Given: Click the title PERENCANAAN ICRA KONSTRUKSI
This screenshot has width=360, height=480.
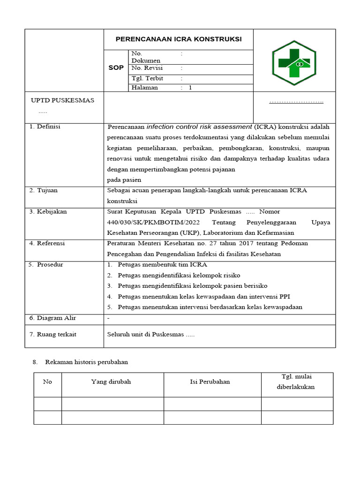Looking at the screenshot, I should point(179,39).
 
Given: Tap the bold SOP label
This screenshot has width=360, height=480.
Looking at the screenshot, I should point(116,67).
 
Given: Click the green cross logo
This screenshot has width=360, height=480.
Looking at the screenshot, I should point(294,63).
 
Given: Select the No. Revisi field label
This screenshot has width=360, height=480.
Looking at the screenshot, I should point(147,68).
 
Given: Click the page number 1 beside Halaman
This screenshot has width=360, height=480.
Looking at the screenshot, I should point(190,88).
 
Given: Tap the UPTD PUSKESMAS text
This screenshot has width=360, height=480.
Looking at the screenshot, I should point(62,100).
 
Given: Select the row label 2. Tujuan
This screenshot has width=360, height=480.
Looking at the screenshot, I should point(44,190).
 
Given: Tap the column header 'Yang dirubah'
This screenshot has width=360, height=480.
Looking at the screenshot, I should point(111,382).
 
